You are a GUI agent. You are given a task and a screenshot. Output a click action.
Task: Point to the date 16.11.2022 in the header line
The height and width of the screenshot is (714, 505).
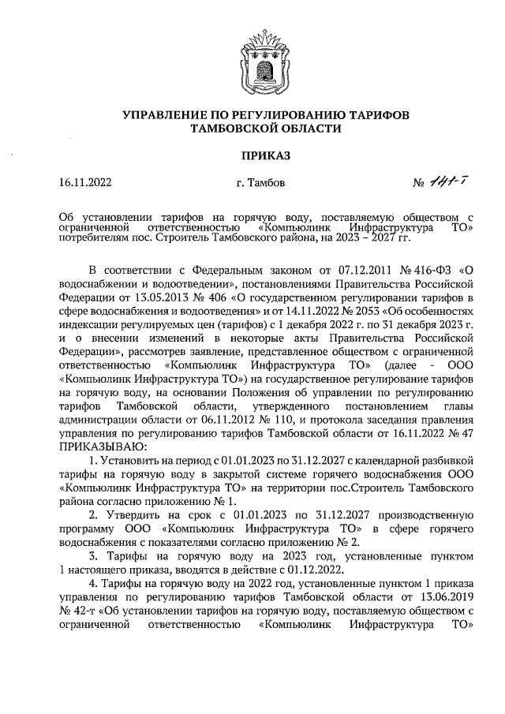[x=85, y=184]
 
